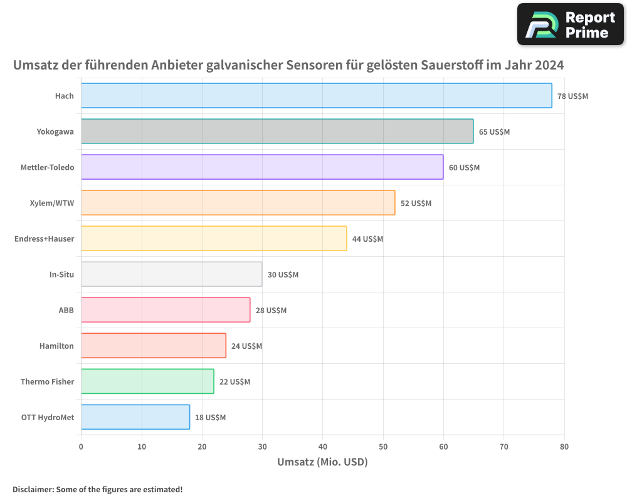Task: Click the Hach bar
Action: [316, 96]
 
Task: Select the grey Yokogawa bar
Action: [277, 132]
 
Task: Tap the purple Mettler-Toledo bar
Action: [262, 167]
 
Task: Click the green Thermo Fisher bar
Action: [147, 381]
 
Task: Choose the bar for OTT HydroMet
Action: [135, 417]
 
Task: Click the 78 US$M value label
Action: [572, 96]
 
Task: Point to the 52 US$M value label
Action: [416, 204]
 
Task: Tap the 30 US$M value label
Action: [283, 275]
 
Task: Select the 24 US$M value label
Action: [246, 346]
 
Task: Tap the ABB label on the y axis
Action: [66, 311]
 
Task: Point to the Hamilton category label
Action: [56, 346]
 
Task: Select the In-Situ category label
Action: [61, 275]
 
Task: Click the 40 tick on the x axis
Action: [322, 447]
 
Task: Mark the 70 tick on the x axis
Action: [503, 447]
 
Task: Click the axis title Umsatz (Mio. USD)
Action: [322, 462]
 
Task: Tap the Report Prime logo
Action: [570, 24]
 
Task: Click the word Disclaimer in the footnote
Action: [32, 490]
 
